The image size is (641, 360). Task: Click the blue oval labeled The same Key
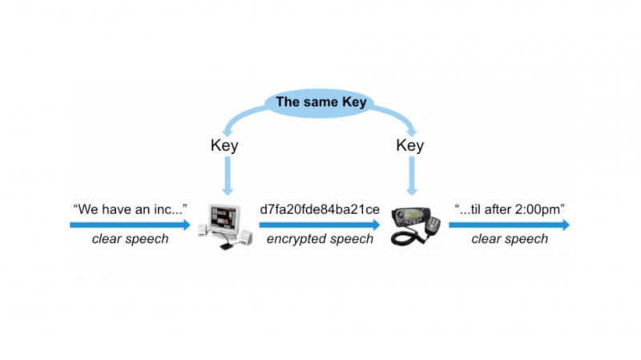(x=320, y=103)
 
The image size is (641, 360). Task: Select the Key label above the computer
(x=225, y=146)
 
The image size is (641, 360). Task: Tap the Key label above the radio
(x=411, y=146)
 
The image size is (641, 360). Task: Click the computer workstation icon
(x=224, y=223)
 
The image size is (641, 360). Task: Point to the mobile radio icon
(x=413, y=224)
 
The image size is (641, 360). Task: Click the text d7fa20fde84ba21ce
(x=320, y=209)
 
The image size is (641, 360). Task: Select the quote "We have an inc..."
(x=130, y=209)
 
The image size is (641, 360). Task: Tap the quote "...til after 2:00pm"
(x=509, y=209)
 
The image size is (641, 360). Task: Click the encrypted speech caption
(x=320, y=239)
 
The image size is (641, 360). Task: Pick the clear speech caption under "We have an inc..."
(x=130, y=239)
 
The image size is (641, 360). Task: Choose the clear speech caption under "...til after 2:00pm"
(x=510, y=239)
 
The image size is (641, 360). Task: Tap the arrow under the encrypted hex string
(x=320, y=225)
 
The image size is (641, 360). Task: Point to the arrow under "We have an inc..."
(x=130, y=225)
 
